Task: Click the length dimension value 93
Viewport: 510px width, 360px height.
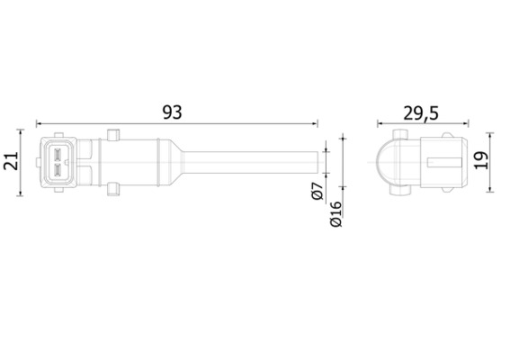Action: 172,112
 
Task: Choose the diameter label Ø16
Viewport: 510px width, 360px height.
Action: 336,213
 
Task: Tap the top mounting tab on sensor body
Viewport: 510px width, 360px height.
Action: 113,136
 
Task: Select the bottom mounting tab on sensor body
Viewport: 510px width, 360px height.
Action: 113,187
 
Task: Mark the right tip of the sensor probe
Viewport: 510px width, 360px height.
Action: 317,161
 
